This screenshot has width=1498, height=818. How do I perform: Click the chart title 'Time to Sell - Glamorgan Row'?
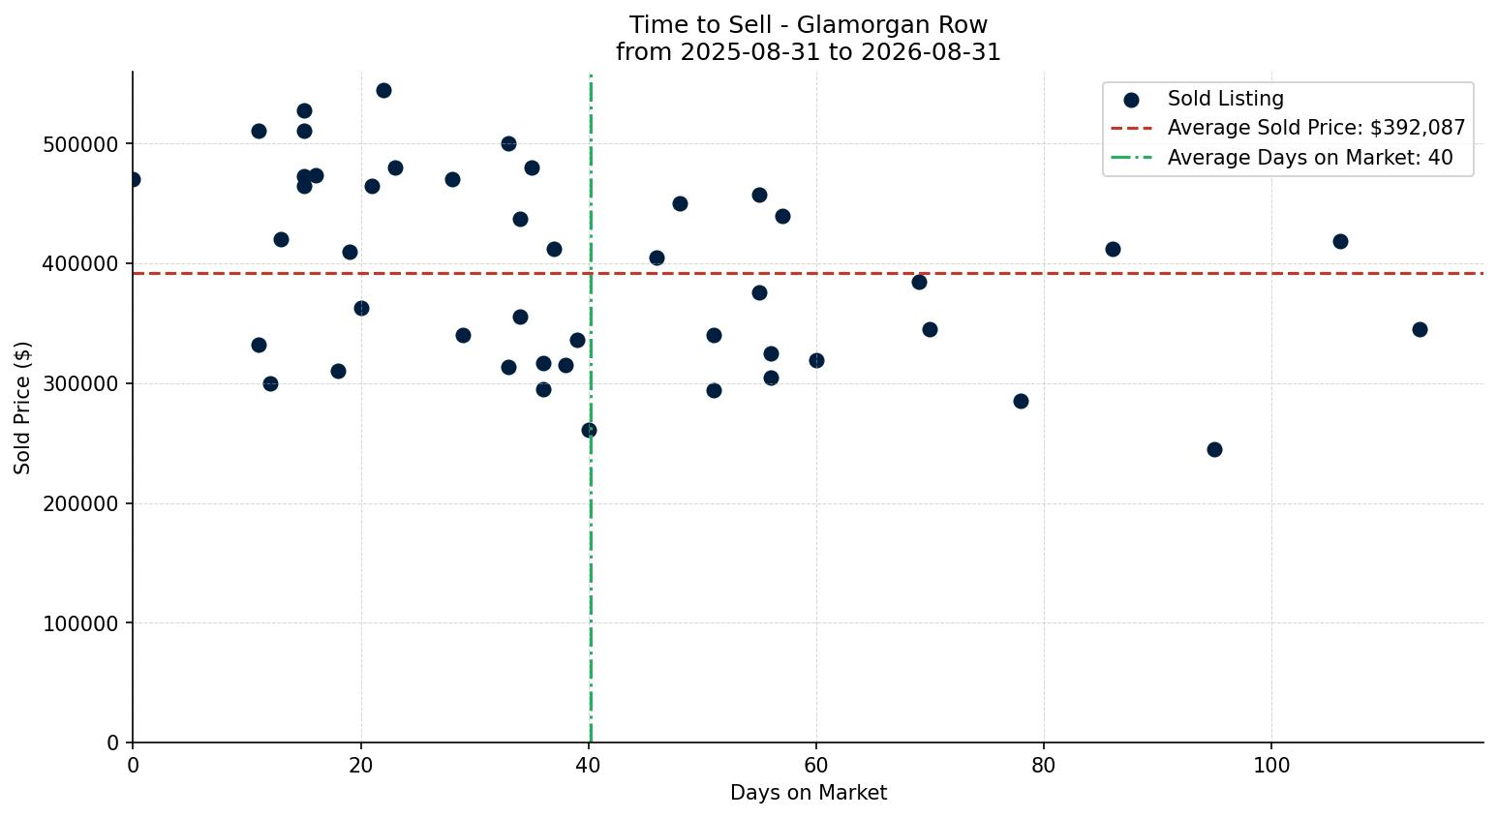click(808, 25)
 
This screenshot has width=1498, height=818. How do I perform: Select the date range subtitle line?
click(808, 52)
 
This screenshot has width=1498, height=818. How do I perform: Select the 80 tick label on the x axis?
click(1043, 765)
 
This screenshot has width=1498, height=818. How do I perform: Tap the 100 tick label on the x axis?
click(1271, 765)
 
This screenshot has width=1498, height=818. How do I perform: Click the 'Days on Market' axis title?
click(808, 793)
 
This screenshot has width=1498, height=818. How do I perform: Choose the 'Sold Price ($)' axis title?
click(22, 409)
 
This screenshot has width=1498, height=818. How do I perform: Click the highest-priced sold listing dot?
click(383, 91)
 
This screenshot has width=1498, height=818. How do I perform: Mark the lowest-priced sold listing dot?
click(1214, 450)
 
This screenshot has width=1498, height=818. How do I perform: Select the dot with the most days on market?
click(1420, 329)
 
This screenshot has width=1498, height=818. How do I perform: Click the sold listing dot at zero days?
click(133, 180)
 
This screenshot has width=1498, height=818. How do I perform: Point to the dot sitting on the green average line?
click(589, 431)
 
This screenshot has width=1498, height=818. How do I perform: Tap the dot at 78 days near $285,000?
click(1021, 402)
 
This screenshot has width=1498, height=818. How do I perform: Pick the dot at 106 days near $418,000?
click(1340, 242)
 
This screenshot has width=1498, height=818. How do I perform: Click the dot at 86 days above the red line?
click(1113, 250)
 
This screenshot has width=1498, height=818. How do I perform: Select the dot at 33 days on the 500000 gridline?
click(509, 144)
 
